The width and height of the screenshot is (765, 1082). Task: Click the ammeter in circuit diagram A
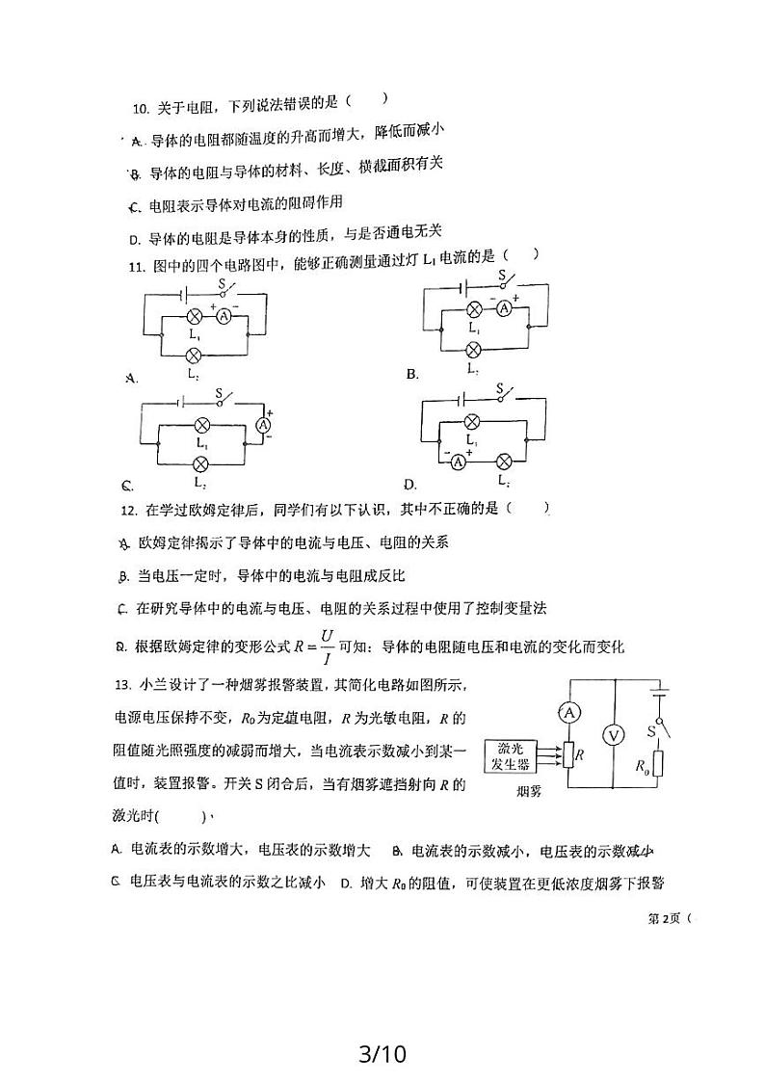pos(224,315)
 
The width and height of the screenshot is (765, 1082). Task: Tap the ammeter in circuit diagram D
pos(459,462)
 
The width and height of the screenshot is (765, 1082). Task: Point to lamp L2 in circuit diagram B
pos(474,352)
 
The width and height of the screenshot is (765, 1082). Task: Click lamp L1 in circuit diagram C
pos(202,425)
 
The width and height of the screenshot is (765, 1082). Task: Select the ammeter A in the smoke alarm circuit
pos(569,712)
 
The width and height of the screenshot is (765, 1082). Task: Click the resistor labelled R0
pos(658,766)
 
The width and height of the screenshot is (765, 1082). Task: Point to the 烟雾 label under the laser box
pos(528,792)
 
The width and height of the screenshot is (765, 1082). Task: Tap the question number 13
pos(121,685)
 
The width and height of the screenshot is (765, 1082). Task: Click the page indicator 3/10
pos(382,1054)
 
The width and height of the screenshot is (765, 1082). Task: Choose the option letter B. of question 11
pos(411,375)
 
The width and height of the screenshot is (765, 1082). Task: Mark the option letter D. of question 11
pos(410,485)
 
